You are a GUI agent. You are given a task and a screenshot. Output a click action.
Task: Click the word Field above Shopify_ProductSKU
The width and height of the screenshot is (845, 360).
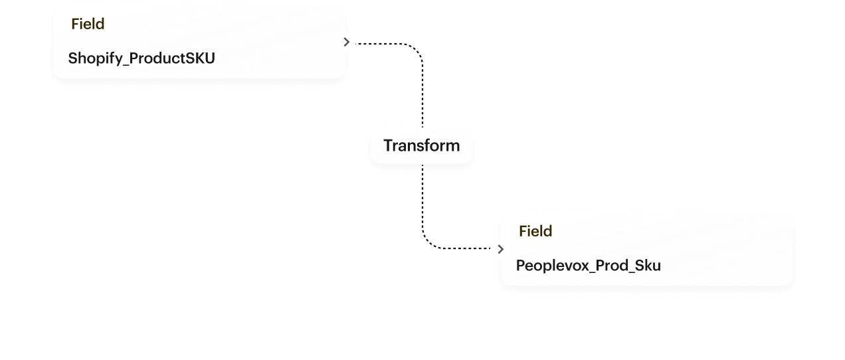(88, 24)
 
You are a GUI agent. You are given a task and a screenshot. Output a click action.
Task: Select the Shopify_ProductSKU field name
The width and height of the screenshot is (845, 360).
(141, 58)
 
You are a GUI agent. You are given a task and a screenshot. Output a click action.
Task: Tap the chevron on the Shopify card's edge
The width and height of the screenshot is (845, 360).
(346, 43)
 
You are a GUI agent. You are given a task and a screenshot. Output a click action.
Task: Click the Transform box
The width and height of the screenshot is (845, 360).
(421, 145)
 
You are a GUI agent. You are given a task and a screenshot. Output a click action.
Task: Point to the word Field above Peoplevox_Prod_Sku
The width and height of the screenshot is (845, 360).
(535, 231)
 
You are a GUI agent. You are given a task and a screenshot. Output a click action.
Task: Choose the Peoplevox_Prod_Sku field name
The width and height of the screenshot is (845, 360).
(588, 266)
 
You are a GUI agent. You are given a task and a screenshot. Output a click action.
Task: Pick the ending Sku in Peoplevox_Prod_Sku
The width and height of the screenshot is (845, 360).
(648, 266)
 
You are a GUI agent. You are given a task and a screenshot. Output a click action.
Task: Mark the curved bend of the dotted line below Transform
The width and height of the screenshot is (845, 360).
(428, 244)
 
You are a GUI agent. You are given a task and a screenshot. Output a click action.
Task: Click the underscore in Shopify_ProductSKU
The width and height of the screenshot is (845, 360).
(125, 62)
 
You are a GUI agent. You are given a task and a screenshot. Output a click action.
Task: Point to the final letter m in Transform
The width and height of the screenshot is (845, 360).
(452, 145)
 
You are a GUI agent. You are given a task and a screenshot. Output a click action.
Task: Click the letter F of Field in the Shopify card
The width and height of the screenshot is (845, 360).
(75, 24)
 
